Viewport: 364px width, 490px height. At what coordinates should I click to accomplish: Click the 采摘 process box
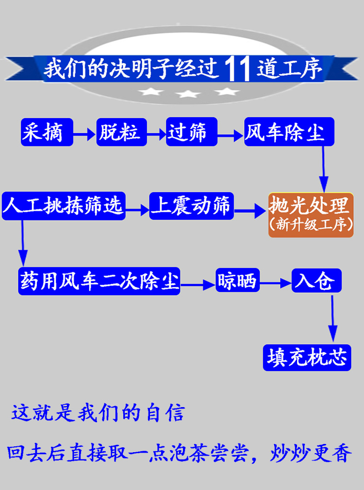tap(47, 131)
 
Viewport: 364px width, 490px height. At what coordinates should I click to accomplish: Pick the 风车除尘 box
tap(289, 131)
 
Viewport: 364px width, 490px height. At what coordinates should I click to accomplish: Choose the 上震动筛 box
tap(191, 206)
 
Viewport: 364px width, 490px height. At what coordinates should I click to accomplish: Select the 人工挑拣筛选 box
tap(63, 206)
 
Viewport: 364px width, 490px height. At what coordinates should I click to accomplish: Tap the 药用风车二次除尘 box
tap(99, 281)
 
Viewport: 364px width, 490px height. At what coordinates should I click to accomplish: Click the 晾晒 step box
tap(237, 281)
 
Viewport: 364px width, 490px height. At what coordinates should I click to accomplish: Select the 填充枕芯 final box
tap(307, 358)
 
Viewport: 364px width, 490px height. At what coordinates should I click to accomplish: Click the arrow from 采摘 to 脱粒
tap(85, 134)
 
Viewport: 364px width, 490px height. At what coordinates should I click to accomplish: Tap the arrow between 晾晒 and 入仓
tap(275, 283)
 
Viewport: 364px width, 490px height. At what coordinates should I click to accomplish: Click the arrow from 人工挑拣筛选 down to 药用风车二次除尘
tap(22, 242)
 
